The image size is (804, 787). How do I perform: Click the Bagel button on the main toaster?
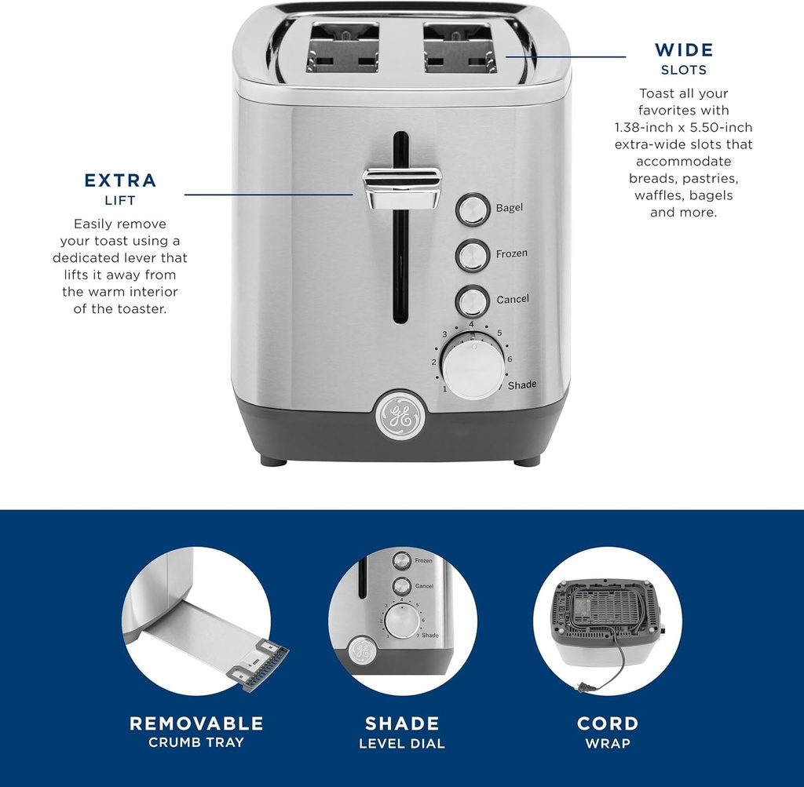coord(472,210)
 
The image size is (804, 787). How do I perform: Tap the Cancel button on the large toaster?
coord(472,301)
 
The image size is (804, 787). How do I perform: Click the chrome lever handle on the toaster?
coord(402,188)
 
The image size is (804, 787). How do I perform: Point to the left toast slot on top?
coord(342,47)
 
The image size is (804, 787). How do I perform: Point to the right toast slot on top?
coord(460,47)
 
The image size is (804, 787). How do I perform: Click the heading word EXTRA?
coord(120,180)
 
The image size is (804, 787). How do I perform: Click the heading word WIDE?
coord(684,50)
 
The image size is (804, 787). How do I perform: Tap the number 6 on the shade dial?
coord(510,359)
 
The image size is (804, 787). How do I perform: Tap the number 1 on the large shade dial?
coord(444,389)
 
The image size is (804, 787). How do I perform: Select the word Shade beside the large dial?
coord(522,384)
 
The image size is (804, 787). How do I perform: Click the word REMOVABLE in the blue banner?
coord(196,723)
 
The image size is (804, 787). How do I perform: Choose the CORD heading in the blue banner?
coord(608,723)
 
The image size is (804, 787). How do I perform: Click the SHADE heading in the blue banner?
coord(402,723)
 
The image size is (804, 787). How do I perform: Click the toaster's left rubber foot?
coord(273,461)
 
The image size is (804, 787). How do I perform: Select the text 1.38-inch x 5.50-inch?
coord(683,127)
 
